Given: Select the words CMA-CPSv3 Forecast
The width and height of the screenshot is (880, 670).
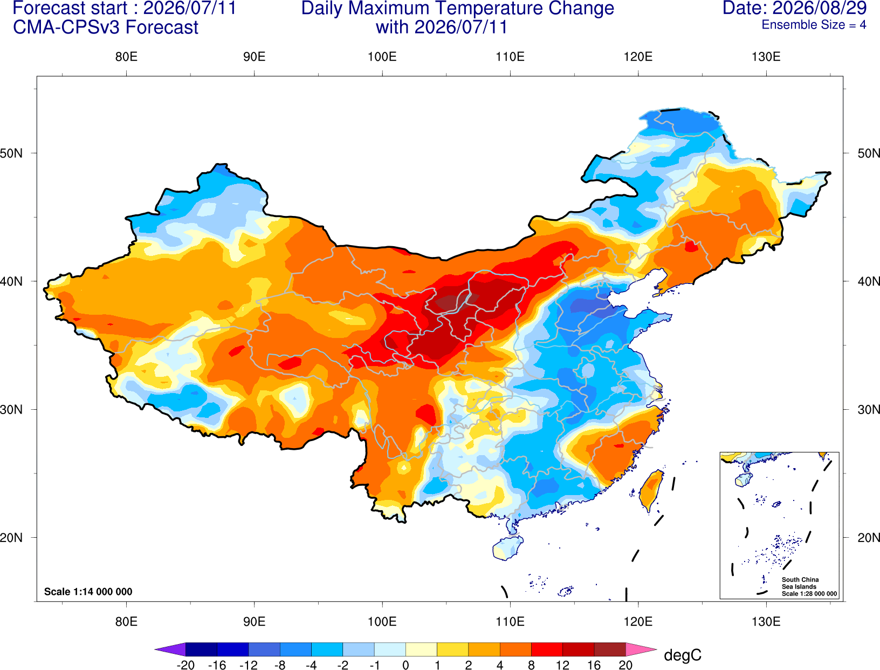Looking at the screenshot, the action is click(106, 28).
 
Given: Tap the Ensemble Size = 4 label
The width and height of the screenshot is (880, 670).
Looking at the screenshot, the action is click(814, 25).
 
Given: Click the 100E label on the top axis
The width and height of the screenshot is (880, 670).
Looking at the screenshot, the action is click(382, 57).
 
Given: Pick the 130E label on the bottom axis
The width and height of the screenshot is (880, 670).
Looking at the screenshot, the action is click(766, 622).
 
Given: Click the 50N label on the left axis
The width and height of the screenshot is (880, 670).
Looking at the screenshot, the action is click(11, 153).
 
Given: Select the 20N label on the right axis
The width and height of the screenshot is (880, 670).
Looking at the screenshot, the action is click(868, 538).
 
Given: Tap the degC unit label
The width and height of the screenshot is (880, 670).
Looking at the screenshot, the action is click(683, 655).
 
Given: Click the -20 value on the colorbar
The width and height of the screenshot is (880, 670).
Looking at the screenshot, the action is click(185, 665).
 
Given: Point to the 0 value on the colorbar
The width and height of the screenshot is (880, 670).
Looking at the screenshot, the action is click(405, 665).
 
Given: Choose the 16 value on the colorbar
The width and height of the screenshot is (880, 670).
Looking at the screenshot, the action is click(594, 665).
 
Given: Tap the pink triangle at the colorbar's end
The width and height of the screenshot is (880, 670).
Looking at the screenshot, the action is click(640, 649).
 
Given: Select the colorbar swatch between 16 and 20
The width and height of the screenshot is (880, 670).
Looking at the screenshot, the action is click(610, 649).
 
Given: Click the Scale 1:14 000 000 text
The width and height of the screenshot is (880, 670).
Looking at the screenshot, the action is click(88, 591).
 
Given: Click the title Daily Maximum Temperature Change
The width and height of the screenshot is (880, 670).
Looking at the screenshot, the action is click(457, 8).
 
